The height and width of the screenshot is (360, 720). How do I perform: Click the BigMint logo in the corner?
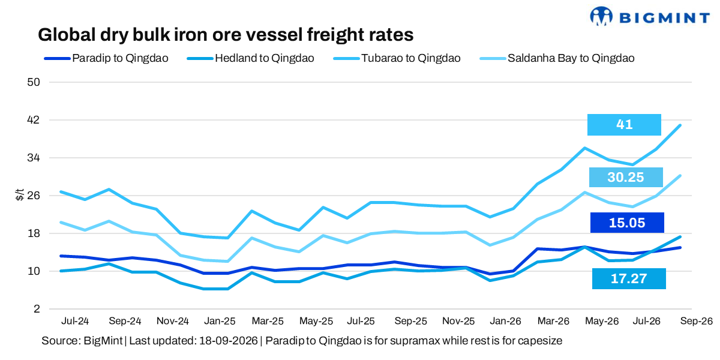[650, 16]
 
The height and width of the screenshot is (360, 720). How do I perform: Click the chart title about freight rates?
[226, 35]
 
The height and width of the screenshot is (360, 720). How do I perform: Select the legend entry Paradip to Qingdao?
[106, 58]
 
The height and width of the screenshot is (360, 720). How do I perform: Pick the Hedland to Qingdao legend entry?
[250, 58]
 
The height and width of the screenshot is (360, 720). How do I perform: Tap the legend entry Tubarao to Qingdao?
[397, 58]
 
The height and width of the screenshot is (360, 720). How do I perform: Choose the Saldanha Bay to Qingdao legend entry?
[557, 58]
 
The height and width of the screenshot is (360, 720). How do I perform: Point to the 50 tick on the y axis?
[34, 82]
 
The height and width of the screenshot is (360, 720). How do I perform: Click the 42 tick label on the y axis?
[34, 120]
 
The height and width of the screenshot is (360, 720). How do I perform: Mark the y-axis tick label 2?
[37, 309]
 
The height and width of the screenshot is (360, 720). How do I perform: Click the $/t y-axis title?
[20, 195]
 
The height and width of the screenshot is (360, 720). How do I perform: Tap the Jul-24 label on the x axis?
[75, 321]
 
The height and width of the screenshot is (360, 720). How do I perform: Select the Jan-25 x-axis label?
[220, 321]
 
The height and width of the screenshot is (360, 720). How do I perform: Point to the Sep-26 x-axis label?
[696, 321]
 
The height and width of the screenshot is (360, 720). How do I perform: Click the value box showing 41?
[624, 125]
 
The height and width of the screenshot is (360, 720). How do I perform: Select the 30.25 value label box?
[626, 177]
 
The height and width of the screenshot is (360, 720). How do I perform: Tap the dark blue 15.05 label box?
[627, 223]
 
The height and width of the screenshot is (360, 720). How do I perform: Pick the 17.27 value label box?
[629, 278]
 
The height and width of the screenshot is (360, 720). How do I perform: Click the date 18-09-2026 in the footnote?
[229, 341]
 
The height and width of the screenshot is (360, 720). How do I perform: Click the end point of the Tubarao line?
[680, 125]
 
